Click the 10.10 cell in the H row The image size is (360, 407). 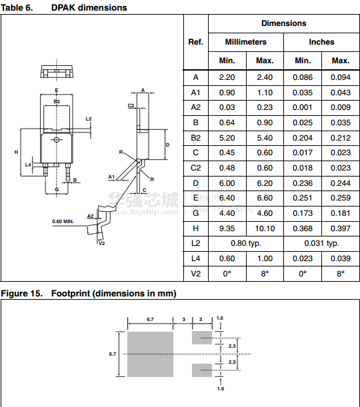point(265,228)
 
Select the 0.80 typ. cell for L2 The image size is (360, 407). point(246,243)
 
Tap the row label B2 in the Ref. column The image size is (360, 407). point(195,138)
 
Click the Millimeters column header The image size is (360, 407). point(246,42)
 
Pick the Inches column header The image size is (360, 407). point(321,42)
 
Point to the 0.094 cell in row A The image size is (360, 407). point(341,77)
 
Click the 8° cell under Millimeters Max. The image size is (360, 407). point(265,274)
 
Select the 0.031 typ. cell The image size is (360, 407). point(321,243)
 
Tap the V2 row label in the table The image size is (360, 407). point(195,274)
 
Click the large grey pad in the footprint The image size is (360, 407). point(150,354)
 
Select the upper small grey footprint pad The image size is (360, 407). point(202,338)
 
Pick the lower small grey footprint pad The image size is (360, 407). point(202,370)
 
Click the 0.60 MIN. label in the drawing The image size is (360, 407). point(63,221)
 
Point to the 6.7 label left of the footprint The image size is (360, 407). point(113,354)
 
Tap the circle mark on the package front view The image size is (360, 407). point(57,140)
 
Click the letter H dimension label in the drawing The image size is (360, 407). point(17,152)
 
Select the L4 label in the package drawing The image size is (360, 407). point(28,165)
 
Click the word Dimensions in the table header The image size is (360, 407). point(283,23)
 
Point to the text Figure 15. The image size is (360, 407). point(21,294)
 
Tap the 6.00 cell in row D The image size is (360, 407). point(227,183)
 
